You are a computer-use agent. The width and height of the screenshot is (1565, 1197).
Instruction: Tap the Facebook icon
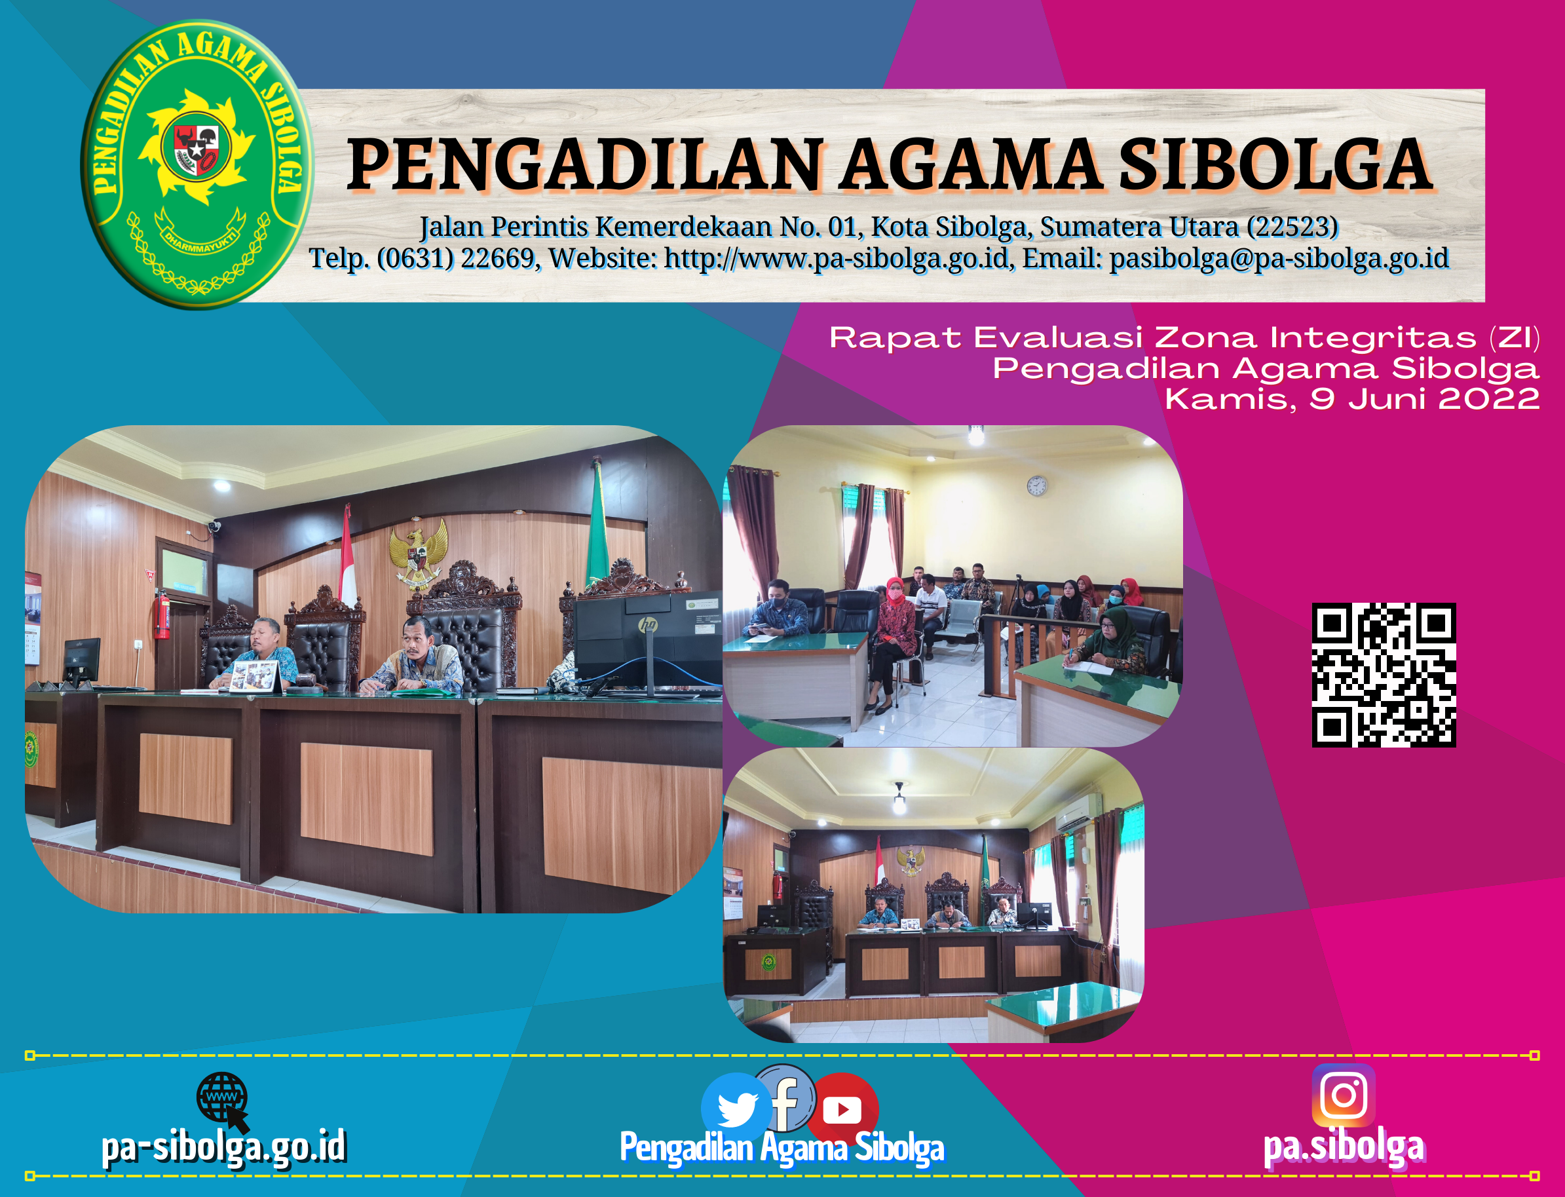click(x=784, y=1098)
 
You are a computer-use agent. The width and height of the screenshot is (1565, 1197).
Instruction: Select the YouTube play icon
click(x=842, y=1109)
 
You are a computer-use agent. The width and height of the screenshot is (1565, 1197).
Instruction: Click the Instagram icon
click(x=1344, y=1095)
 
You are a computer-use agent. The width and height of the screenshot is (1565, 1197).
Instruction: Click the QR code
click(x=1384, y=675)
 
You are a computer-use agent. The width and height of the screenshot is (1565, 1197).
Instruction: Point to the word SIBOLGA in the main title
click(x=1275, y=165)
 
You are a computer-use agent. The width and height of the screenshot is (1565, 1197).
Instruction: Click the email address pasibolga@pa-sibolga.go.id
click(x=1279, y=259)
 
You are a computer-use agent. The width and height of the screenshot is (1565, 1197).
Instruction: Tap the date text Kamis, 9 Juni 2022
click(x=1352, y=399)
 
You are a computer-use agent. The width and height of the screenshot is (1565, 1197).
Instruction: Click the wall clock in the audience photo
click(x=1036, y=486)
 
